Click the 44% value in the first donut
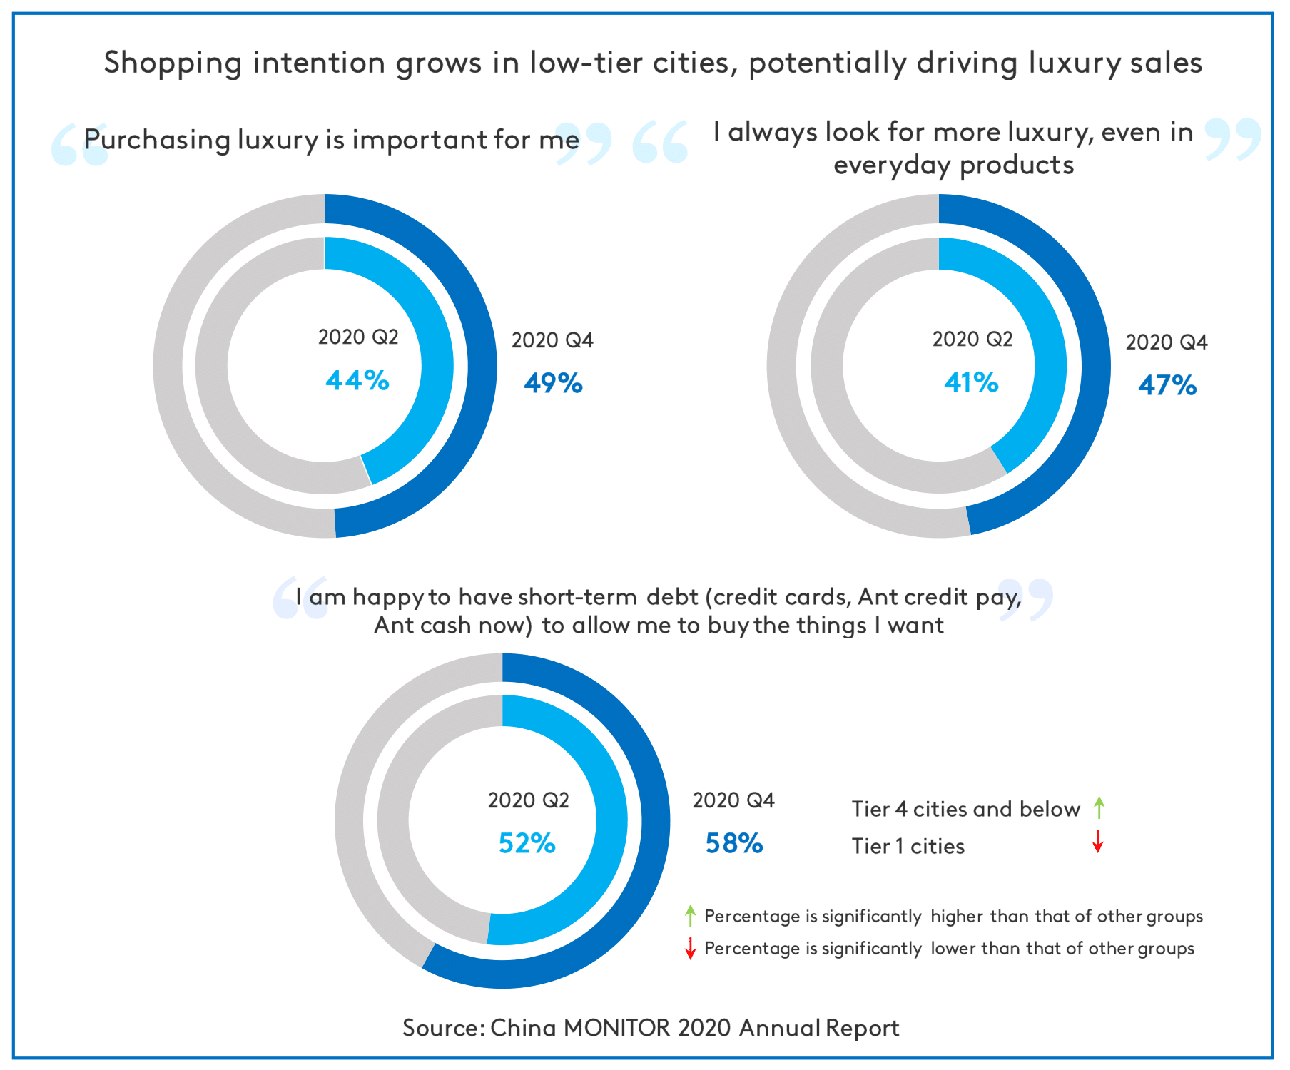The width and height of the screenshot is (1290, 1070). pyautogui.click(x=357, y=380)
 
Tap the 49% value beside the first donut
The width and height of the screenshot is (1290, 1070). pyautogui.click(x=553, y=384)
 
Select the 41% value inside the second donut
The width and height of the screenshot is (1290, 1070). pyautogui.click(x=971, y=383)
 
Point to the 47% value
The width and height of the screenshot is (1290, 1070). pyautogui.click(x=1167, y=386)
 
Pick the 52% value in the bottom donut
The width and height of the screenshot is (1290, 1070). pyautogui.click(x=527, y=844)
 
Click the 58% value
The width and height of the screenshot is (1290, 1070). pyautogui.click(x=734, y=844)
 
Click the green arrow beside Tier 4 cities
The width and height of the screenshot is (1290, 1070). pyautogui.click(x=1099, y=807)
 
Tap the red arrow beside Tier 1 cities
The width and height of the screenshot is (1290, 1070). pyautogui.click(x=1098, y=842)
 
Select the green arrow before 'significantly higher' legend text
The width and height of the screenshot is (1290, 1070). pyautogui.click(x=690, y=915)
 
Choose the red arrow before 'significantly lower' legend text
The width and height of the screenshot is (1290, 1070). pyautogui.click(x=690, y=948)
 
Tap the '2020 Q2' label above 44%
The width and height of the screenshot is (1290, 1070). pyautogui.click(x=358, y=337)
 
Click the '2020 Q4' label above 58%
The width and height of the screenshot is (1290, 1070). pyautogui.click(x=733, y=800)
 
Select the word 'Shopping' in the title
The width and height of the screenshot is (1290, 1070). pyautogui.click(x=173, y=63)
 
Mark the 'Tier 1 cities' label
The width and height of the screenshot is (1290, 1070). pyautogui.click(x=908, y=846)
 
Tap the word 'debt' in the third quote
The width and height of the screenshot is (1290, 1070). pyautogui.click(x=672, y=596)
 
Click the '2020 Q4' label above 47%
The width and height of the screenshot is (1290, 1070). pyautogui.click(x=1167, y=342)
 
